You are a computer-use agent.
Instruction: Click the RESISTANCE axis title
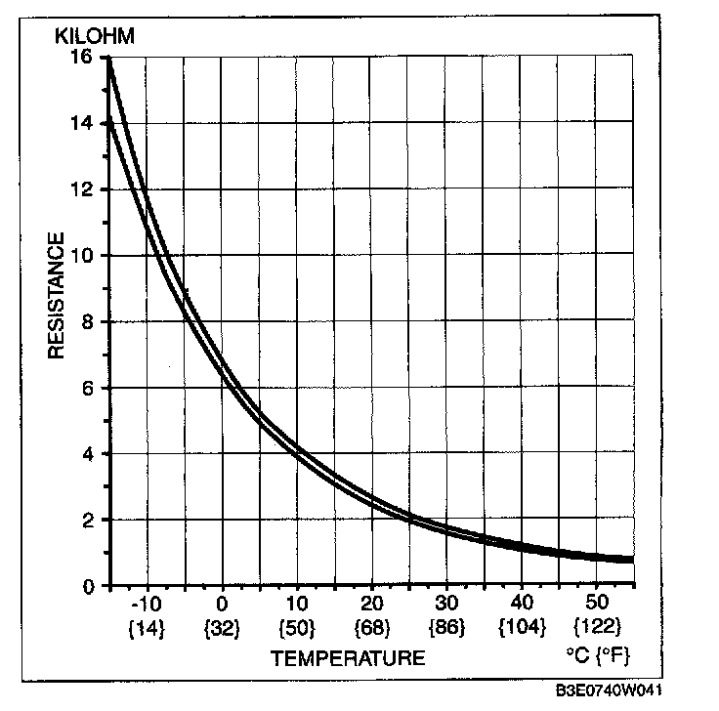[57, 295]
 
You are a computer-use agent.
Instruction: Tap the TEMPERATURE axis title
[348, 658]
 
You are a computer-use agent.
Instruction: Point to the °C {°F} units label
[598, 651]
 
